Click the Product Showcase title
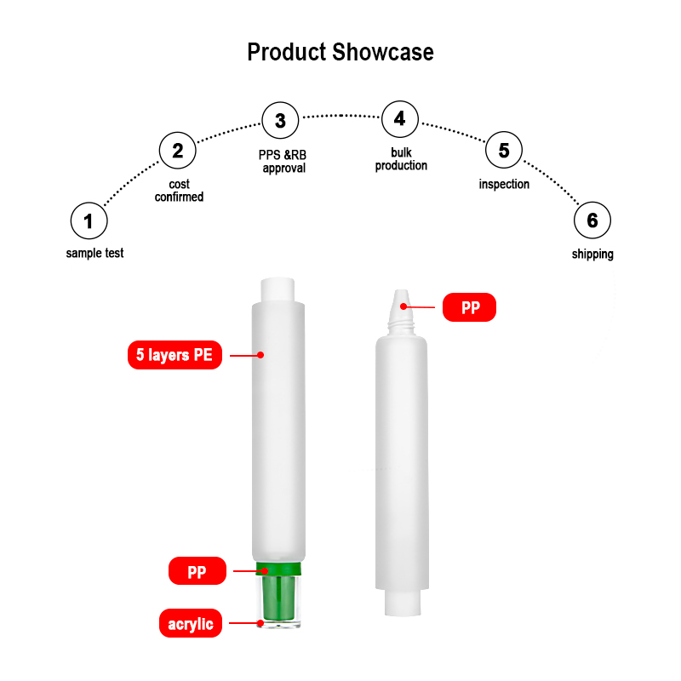340,52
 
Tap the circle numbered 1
89,222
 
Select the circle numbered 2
178,152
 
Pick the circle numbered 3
280,121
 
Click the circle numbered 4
400,119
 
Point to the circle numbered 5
504,152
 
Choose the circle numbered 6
592,222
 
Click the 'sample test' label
94,254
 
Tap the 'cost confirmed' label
179,191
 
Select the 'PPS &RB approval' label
283,162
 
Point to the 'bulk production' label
401,159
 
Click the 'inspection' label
504,185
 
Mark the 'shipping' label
592,255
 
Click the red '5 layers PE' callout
175,355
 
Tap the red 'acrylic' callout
191,624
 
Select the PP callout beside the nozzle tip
470,307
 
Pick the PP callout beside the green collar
197,571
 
